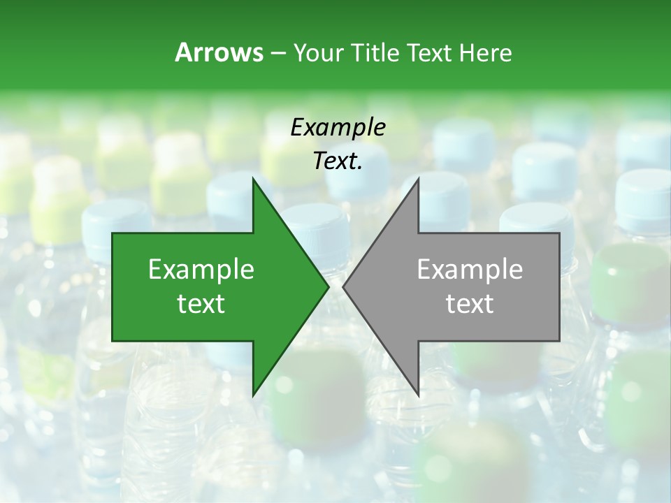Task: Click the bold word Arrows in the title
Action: [x=218, y=52]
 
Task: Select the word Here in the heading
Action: [x=486, y=52]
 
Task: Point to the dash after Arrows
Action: [x=277, y=53]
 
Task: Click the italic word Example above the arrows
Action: [x=338, y=127]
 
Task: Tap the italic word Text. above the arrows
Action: [x=338, y=161]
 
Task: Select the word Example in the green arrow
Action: [x=201, y=270]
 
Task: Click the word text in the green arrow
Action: [x=201, y=304]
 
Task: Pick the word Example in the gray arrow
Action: [x=470, y=270]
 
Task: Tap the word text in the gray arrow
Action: [x=470, y=304]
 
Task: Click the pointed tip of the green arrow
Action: [x=329, y=286]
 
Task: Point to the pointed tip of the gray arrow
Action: [x=343, y=286]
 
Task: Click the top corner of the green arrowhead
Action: [x=253, y=177]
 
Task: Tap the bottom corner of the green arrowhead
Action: [x=253, y=396]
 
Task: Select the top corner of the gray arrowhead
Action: [x=419, y=177]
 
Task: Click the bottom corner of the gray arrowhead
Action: [x=419, y=396]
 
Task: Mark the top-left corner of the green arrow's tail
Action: [x=113, y=233]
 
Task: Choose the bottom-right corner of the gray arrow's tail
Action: [x=559, y=341]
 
